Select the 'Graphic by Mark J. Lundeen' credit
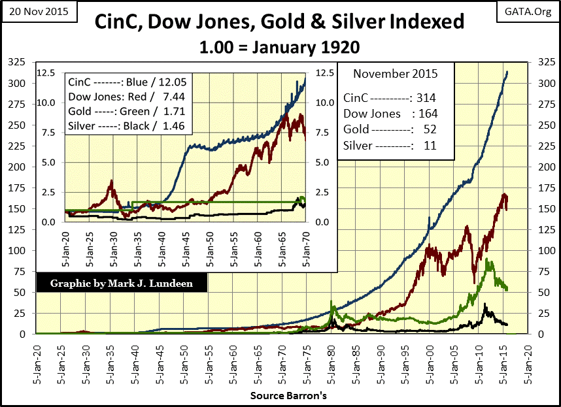pyautogui.click(x=122, y=284)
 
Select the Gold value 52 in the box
pyautogui.click(x=429, y=129)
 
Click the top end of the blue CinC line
pyautogui.click(x=507, y=71)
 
